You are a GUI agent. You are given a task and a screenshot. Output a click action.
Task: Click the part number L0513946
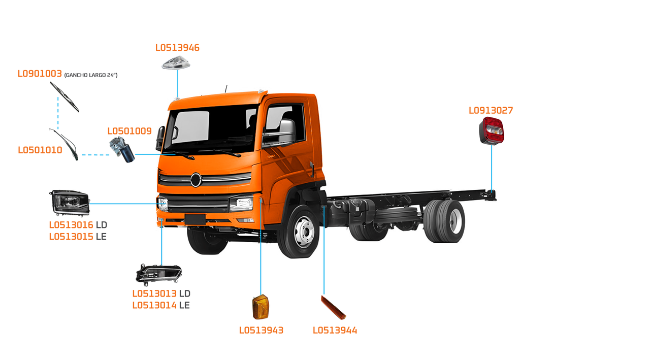[x=177, y=48]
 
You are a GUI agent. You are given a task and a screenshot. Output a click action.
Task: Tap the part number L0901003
[x=40, y=74]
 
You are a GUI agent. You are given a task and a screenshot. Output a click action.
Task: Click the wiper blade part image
[x=65, y=97]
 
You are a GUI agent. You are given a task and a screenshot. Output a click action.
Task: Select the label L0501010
[x=40, y=150]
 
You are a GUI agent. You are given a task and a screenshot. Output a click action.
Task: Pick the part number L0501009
[x=129, y=131]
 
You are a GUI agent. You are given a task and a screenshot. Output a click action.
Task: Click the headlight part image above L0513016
[x=70, y=203]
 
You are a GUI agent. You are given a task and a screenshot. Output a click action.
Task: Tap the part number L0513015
[x=71, y=237]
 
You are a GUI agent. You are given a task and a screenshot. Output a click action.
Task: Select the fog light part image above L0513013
[x=158, y=275]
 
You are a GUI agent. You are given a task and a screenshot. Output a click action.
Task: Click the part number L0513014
[x=154, y=305]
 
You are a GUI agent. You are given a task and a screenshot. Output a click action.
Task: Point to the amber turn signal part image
[x=261, y=307]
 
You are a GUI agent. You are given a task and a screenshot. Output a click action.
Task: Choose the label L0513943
[x=261, y=331]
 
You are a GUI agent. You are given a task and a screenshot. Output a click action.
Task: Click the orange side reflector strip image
[x=333, y=307]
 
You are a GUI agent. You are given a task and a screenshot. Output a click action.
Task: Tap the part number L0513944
[x=335, y=331]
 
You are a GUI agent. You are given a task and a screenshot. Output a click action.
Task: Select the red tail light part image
[x=492, y=130]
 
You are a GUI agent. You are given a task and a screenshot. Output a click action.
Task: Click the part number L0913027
[x=491, y=110]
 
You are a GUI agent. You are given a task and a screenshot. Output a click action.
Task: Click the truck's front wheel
[x=304, y=232]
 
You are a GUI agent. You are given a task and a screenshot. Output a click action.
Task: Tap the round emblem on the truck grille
[x=196, y=180]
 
